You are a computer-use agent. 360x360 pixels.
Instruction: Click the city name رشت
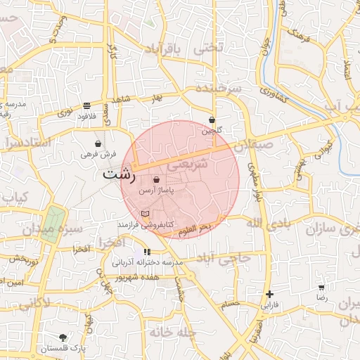coord(119,174)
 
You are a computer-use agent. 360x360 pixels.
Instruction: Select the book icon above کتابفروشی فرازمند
coord(146,213)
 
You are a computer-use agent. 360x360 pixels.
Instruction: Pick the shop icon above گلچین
coord(212,120)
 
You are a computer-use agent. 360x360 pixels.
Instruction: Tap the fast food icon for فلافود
coord(86,105)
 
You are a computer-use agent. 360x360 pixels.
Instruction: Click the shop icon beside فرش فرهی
coord(98,144)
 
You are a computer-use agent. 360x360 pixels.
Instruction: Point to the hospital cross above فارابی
coord(269,294)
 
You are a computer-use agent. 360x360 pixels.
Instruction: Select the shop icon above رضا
coord(321,288)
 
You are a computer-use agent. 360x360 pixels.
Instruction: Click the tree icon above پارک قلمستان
coord(63,337)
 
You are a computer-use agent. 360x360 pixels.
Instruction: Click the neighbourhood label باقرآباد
coord(163,49)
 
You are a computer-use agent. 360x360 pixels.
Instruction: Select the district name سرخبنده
coord(219,89)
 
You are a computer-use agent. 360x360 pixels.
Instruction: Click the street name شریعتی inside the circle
coord(191,165)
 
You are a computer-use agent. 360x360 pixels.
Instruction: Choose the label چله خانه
coord(169,332)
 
